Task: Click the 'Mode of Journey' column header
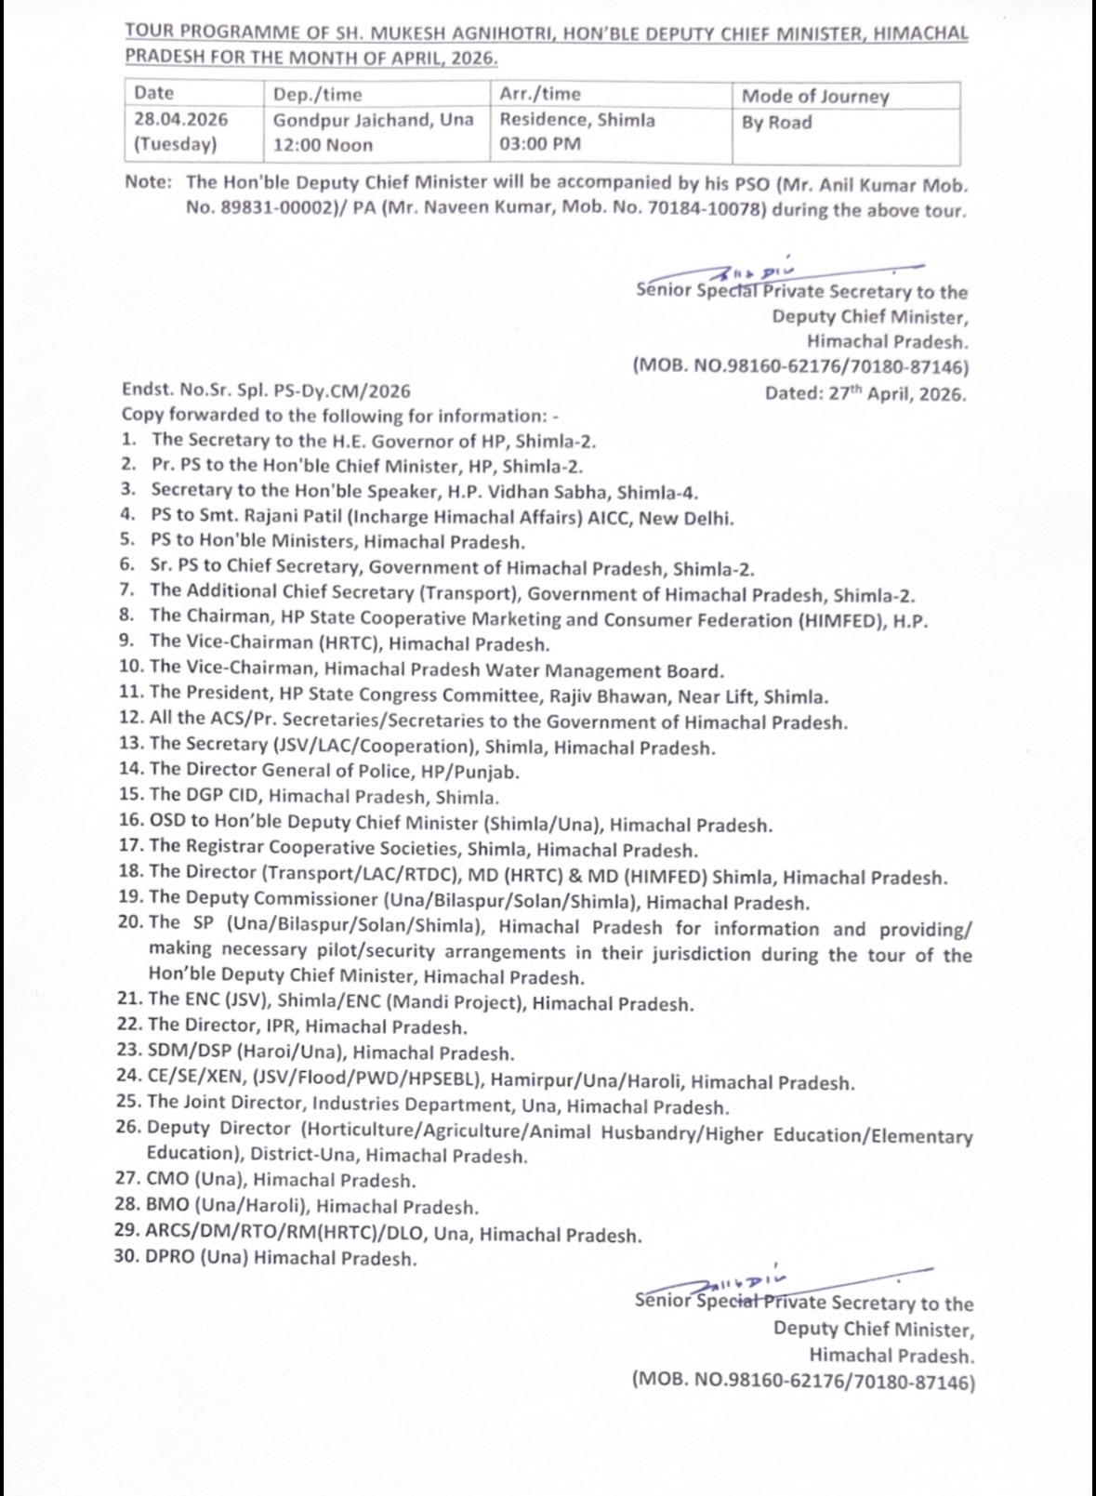pos(815,97)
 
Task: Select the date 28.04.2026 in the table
pos(181,120)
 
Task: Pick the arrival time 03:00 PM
pos(540,144)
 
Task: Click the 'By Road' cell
pos(776,123)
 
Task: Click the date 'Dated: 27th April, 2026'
pos(865,393)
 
